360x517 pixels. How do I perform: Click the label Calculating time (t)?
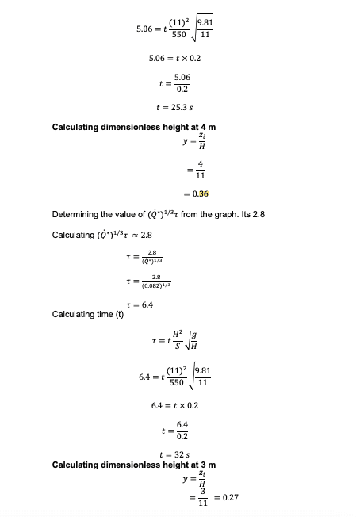click(82, 314)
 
